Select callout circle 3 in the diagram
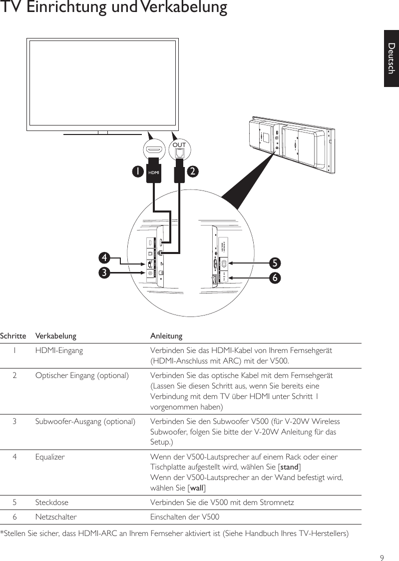point(104,272)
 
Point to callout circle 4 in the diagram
point(104,258)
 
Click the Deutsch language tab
point(392,58)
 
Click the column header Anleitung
point(166,335)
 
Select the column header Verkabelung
point(55,335)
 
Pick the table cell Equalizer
point(50,456)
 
